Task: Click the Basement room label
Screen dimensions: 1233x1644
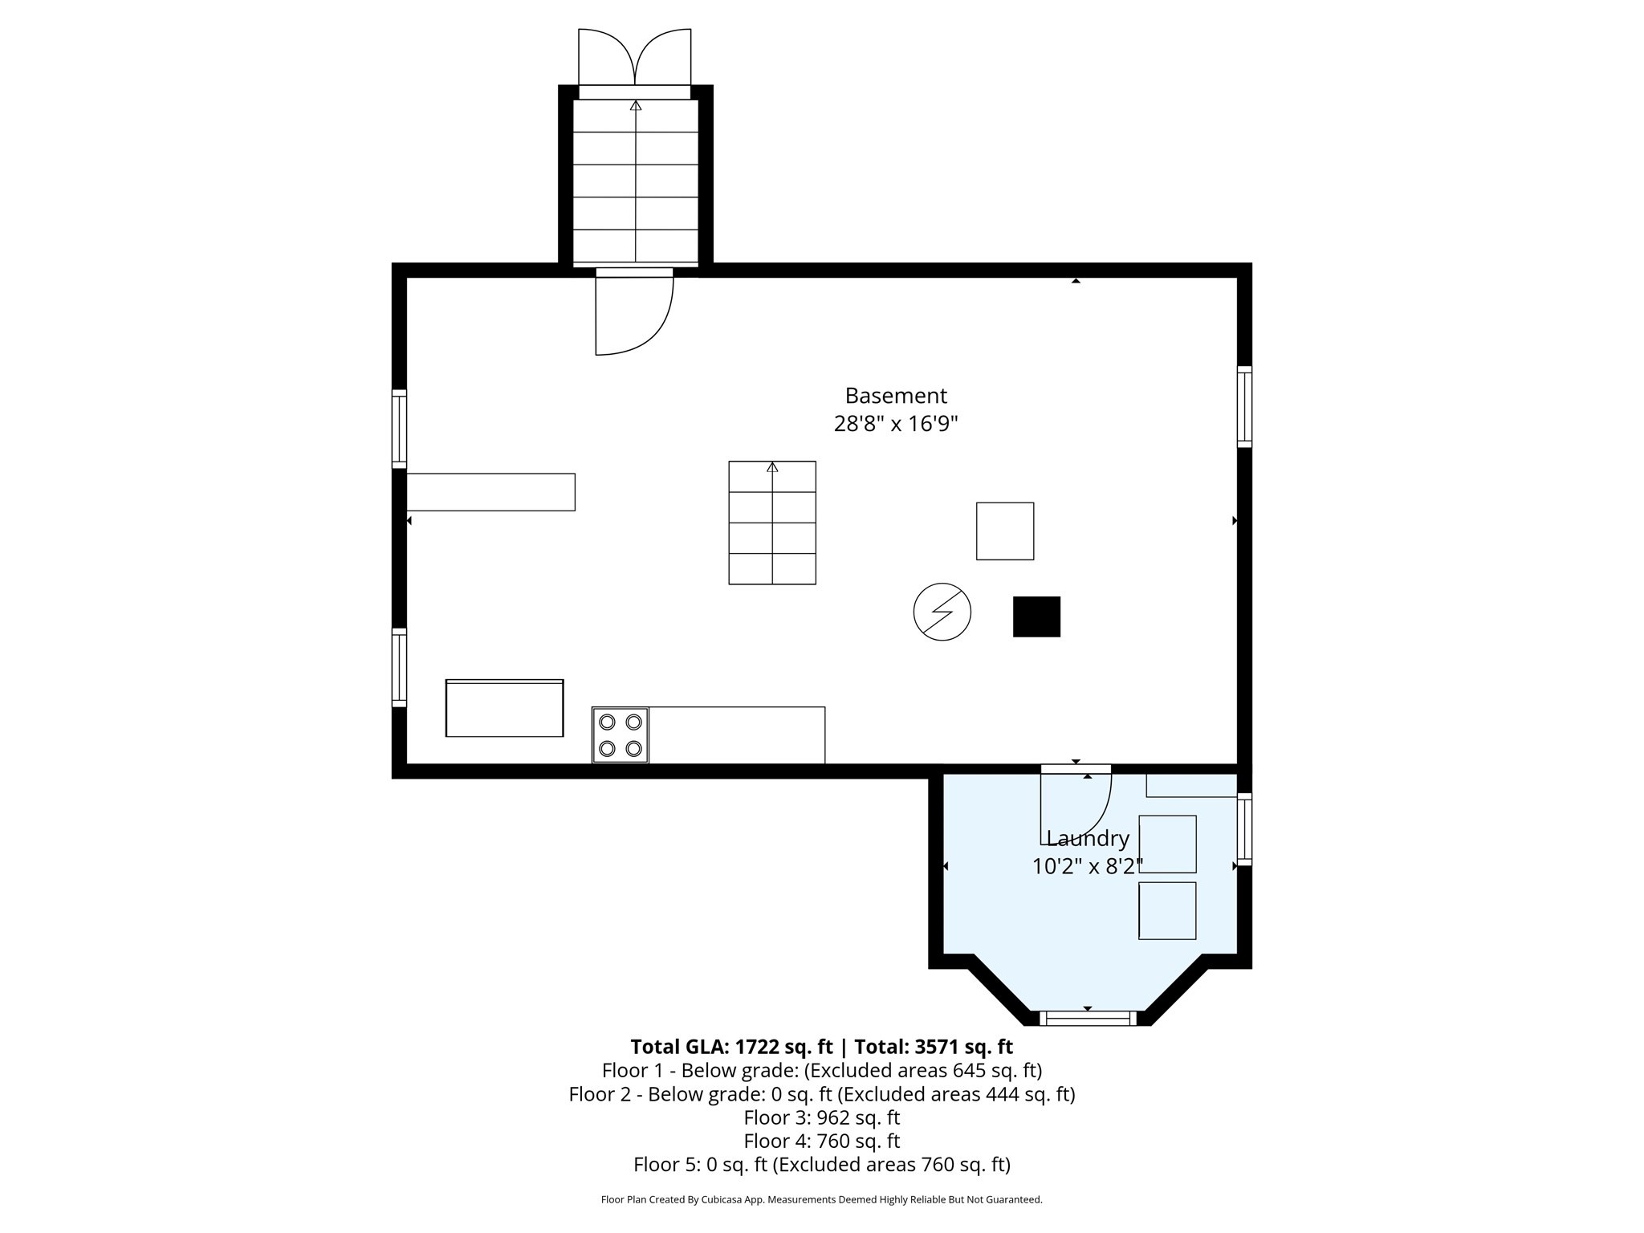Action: click(x=896, y=396)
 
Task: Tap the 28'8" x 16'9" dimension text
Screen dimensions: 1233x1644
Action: click(x=896, y=424)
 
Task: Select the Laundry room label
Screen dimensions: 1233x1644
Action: click(x=1088, y=839)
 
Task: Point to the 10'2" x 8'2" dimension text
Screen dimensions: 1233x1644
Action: click(x=1088, y=866)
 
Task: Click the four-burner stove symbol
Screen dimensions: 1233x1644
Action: click(x=621, y=735)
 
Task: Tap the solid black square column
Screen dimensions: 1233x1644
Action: click(x=1036, y=616)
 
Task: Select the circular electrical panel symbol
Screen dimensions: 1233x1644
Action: click(x=942, y=612)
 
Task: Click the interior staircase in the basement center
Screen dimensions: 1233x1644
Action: click(x=772, y=523)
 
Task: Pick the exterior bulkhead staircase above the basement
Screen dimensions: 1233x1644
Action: click(x=636, y=181)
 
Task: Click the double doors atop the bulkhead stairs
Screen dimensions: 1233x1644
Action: click(x=635, y=58)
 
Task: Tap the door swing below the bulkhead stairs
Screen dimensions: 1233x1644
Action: click(x=633, y=313)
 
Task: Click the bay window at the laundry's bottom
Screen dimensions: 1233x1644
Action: click(x=1088, y=1019)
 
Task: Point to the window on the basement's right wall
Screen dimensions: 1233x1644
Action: click(x=1244, y=406)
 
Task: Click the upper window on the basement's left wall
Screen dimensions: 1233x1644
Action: click(x=399, y=429)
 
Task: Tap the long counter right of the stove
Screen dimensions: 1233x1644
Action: click(x=736, y=735)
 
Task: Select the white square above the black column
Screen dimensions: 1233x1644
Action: click(x=1005, y=531)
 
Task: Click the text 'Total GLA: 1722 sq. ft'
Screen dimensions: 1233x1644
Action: click(x=731, y=1047)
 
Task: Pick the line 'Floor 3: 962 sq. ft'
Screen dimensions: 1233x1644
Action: click(x=821, y=1117)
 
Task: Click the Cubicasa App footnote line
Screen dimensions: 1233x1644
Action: click(x=821, y=1200)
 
